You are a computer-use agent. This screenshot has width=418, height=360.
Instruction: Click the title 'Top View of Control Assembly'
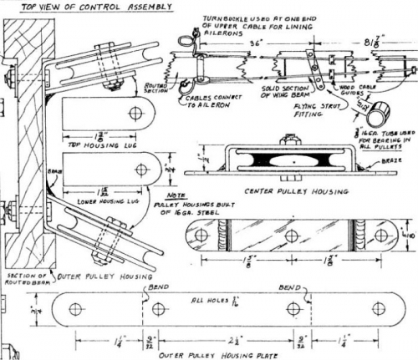point(87,6)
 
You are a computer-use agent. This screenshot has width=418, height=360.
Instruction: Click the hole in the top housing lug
point(152,115)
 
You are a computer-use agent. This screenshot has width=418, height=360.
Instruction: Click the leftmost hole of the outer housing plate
point(76,310)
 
